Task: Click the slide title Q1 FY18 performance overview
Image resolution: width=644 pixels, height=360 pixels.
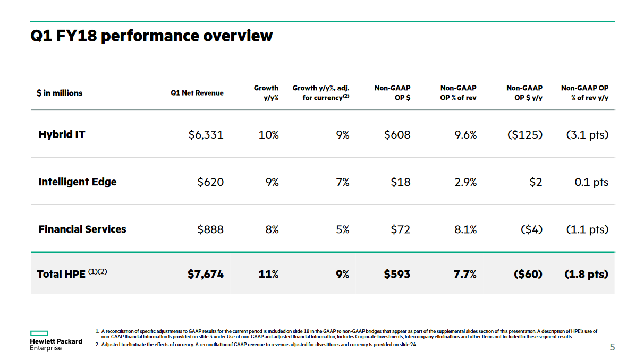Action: pos(151,36)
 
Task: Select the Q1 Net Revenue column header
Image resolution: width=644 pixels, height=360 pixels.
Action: pos(197,93)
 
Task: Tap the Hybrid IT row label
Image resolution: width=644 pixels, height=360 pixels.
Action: pos(62,134)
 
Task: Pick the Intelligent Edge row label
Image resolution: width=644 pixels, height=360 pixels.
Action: pos(78,182)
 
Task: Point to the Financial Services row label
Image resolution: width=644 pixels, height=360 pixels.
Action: pos(82,229)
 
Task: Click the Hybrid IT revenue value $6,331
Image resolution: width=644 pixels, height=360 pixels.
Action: pos(206,135)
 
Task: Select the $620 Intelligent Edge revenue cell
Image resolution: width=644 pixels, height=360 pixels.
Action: pos(210,182)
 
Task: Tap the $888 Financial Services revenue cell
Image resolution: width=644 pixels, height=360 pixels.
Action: pos(210,229)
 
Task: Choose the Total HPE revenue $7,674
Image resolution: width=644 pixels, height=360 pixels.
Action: pos(206,274)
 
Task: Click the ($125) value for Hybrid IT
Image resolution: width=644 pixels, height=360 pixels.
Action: pos(524,135)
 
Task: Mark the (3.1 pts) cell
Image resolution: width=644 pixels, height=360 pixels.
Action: pos(587,135)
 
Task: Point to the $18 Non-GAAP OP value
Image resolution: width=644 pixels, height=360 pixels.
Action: pos(401,182)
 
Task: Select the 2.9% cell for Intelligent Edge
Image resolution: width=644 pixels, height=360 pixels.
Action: pos(465,182)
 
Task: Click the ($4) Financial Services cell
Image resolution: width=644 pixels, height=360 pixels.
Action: pos(531,229)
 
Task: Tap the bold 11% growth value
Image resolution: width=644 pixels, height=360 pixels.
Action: pos(268,274)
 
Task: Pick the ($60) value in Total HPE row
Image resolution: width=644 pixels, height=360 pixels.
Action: pos(528,274)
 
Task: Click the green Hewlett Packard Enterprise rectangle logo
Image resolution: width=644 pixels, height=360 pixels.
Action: pos(39,333)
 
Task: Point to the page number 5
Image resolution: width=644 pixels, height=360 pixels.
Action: pos(612,347)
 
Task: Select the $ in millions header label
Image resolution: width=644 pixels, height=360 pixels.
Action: pos(60,93)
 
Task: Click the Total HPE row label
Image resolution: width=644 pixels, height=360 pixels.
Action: pos(72,273)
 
